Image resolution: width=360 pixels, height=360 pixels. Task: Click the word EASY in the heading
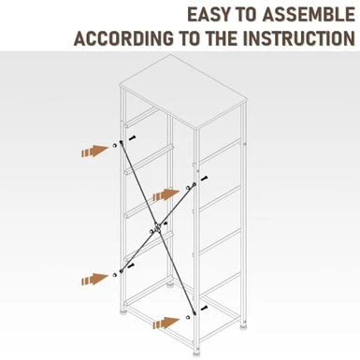[x=207, y=15]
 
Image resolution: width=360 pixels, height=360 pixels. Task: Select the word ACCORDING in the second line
[x=123, y=38]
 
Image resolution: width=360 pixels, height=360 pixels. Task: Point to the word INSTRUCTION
[x=299, y=38]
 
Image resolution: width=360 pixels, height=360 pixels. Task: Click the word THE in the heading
[x=223, y=38]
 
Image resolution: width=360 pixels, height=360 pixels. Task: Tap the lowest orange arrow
[x=166, y=323]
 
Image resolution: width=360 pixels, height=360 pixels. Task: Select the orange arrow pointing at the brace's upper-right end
[x=166, y=194]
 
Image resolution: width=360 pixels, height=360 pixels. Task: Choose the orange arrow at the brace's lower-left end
[x=95, y=279]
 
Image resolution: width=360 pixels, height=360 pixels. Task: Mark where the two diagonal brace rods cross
[x=157, y=227]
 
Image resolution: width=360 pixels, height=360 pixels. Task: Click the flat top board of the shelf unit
[x=184, y=92]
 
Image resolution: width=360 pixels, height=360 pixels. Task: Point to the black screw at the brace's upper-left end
[x=133, y=137]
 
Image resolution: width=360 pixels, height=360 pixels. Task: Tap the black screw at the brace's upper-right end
[x=204, y=179]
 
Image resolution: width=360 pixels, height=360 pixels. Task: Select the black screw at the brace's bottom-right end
[x=204, y=309]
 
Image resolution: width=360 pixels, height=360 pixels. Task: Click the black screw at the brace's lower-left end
[x=131, y=266]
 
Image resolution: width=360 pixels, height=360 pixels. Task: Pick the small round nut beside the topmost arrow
[x=115, y=146]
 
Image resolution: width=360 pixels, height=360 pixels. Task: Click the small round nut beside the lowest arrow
[x=187, y=317]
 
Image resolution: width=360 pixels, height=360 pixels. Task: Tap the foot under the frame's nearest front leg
[x=196, y=353]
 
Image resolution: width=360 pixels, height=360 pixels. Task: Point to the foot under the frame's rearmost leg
[x=170, y=284]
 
